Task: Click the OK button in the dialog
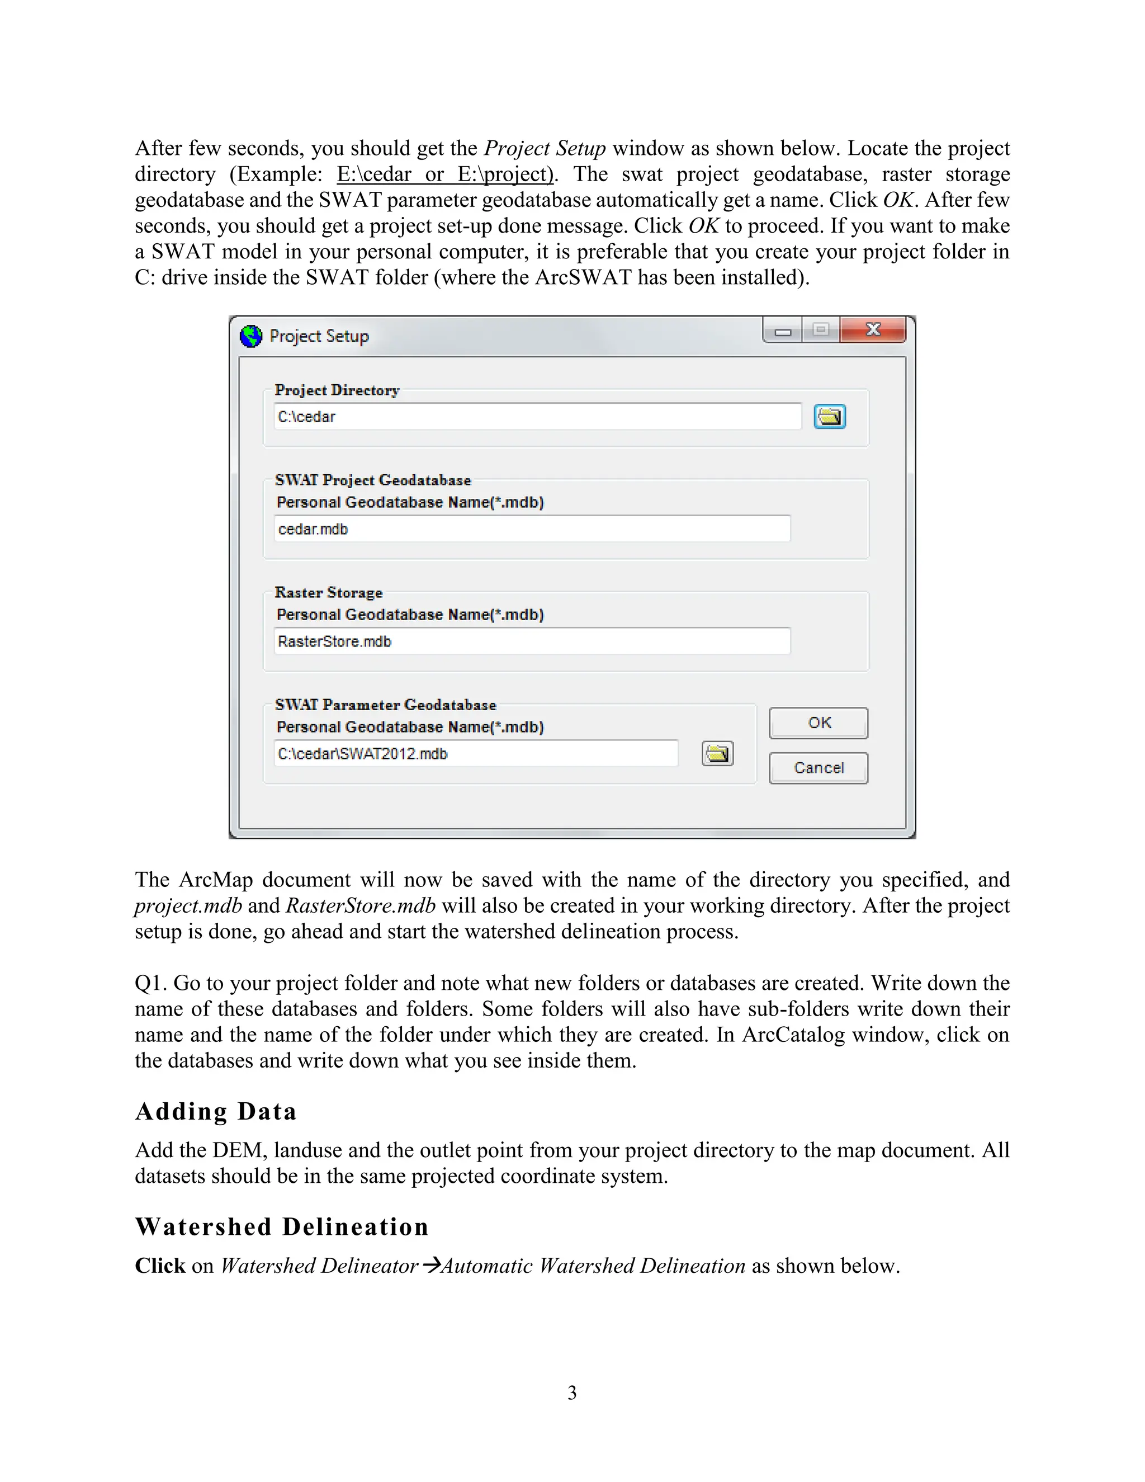pos(818,723)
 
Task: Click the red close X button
pos(872,330)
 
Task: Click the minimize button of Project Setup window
pos(783,332)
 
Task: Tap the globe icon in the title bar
pos(251,336)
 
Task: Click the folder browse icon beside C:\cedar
pos(830,417)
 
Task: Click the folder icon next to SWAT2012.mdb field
pos(717,753)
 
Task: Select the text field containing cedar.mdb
pos(532,528)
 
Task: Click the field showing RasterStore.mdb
pos(532,641)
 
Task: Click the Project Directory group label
pos(337,390)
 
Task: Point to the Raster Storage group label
pos(328,592)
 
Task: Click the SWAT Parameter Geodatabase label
pos(385,705)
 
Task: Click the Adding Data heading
pos(216,1112)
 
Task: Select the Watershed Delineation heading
pos(282,1227)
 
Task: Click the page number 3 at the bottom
pos(572,1393)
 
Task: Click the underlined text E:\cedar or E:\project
pos(445,174)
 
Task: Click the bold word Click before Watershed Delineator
pos(159,1266)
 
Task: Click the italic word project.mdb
pos(188,906)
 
